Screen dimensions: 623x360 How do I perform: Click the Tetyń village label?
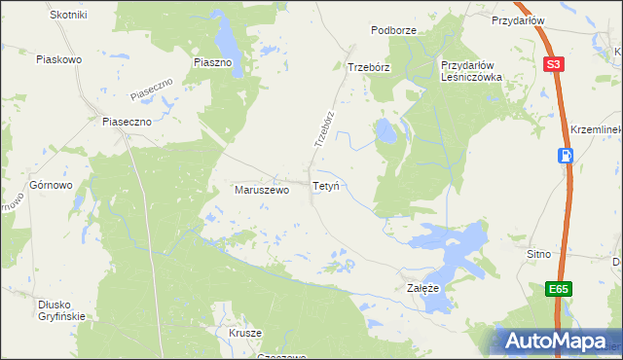click(325, 185)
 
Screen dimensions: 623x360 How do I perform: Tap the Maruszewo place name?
click(262, 191)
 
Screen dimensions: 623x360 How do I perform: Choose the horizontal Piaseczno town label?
click(128, 123)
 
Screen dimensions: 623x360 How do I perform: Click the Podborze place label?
click(393, 30)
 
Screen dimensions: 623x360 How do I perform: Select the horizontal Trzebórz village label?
click(369, 67)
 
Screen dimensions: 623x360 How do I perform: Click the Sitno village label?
click(538, 254)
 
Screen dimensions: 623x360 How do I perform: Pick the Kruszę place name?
click(246, 333)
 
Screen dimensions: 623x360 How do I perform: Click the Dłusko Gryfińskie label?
click(62, 309)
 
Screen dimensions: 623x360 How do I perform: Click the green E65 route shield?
click(557, 289)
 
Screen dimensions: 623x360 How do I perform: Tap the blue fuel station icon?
click(566, 156)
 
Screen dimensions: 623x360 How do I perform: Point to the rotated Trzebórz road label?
click(324, 127)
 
